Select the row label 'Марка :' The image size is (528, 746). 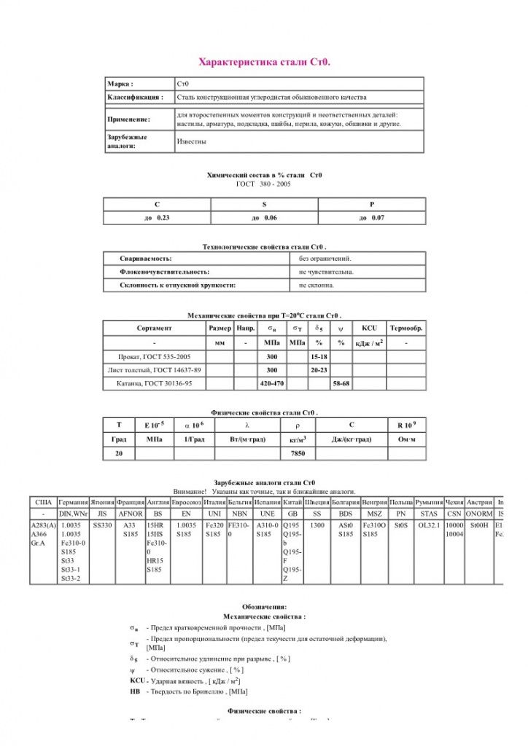120,84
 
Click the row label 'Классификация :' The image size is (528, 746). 135,97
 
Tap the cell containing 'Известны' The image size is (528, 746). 191,141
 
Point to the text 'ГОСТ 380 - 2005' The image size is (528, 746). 264,184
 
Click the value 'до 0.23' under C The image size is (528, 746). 157,218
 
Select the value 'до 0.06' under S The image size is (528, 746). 264,218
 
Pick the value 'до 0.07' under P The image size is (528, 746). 371,218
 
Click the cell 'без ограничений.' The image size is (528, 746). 325,259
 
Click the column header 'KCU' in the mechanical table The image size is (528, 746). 369,329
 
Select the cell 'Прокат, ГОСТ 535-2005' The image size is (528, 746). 154,357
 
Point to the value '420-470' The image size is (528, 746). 271,383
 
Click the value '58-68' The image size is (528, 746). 341,383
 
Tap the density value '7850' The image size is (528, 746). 298,453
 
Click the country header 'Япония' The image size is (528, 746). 101,503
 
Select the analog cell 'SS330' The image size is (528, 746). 101,525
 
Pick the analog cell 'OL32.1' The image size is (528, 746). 429,525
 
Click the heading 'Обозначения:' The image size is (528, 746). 264,606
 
